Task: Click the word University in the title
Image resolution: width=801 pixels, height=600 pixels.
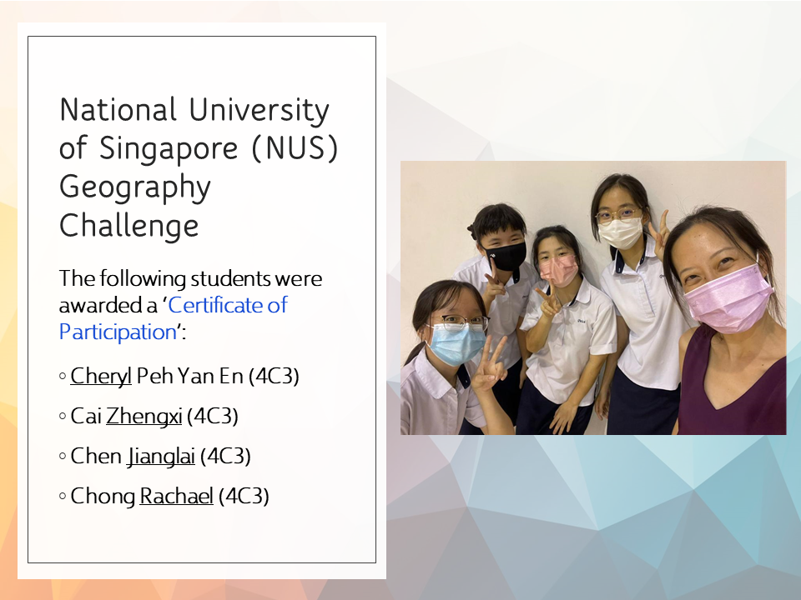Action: [x=259, y=111]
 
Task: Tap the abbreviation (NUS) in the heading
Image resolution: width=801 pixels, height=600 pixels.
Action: [x=295, y=148]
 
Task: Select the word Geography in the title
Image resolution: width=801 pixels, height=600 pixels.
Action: [x=135, y=188]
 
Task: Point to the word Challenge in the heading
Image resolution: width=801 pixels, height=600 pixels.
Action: [x=128, y=226]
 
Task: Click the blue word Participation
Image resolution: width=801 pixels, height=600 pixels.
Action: [x=118, y=332]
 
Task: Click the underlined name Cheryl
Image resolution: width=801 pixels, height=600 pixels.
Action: [x=101, y=377]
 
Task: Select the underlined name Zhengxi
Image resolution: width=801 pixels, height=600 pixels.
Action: [x=144, y=417]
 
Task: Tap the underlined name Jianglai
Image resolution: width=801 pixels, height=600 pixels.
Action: [x=161, y=456]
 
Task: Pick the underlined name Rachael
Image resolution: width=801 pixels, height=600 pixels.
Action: [x=176, y=496]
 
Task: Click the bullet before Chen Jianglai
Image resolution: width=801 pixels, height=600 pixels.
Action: [x=63, y=456]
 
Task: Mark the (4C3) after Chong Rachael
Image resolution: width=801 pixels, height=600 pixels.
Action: [x=244, y=496]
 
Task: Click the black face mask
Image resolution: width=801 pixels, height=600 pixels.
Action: [x=506, y=255]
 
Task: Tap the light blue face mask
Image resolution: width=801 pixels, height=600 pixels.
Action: [x=456, y=343]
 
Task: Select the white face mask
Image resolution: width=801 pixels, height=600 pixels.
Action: [x=620, y=232]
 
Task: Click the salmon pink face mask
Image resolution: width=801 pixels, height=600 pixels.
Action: [x=559, y=270]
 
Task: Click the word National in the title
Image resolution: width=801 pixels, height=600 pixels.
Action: [x=118, y=110]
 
